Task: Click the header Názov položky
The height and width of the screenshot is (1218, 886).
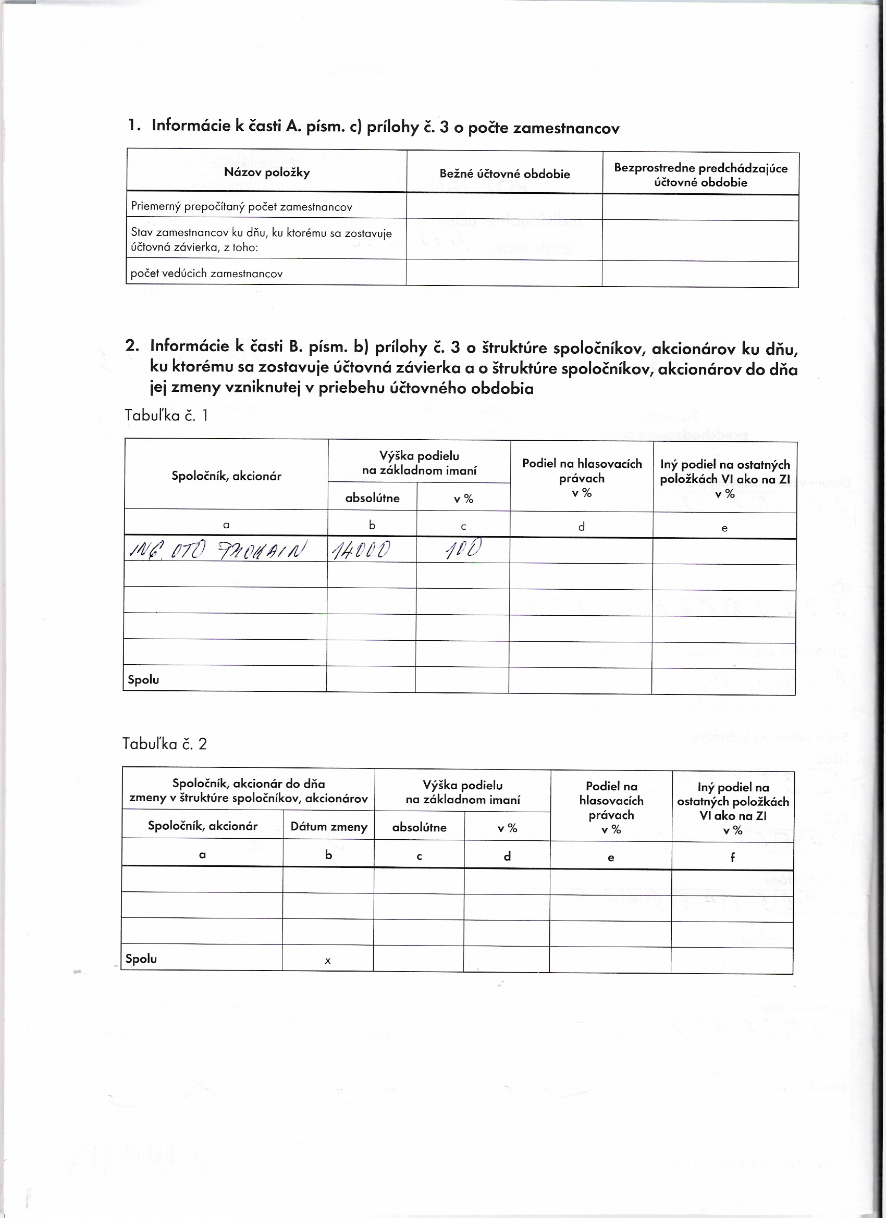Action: [266, 172]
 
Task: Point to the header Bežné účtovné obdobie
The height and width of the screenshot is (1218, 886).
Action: [504, 173]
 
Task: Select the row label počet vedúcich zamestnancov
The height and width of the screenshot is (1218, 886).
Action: [206, 274]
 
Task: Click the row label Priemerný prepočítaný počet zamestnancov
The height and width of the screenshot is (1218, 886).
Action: [241, 207]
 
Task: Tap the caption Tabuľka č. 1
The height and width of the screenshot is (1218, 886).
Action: [166, 415]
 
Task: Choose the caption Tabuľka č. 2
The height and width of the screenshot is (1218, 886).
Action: [164, 744]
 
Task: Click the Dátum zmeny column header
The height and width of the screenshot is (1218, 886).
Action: [329, 826]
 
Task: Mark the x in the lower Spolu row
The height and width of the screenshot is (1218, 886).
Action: [328, 961]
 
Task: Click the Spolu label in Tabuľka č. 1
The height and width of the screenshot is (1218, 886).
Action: [143, 679]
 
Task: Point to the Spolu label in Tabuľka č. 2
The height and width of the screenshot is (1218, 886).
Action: [141, 959]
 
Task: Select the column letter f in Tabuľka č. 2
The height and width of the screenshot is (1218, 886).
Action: [732, 857]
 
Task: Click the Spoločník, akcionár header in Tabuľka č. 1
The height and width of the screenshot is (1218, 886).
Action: [226, 476]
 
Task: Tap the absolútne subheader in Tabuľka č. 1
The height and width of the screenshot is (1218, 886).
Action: [372, 498]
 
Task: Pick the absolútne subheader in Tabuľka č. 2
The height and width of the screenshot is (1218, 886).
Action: [419, 827]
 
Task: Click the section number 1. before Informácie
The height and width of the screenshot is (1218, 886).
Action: [134, 126]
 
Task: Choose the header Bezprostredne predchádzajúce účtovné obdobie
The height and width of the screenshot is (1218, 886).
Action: [700, 175]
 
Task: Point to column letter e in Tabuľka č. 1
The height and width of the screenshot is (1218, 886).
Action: [724, 528]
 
